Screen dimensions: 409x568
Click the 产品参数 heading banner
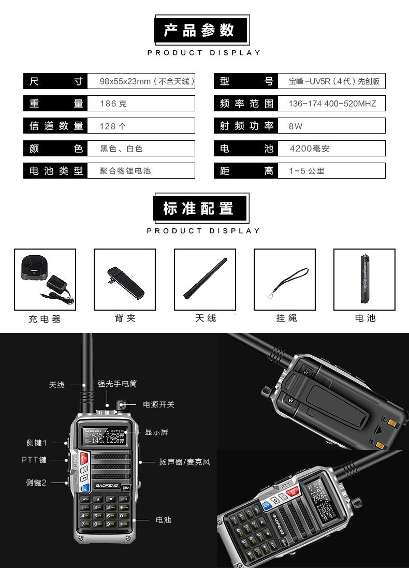202,30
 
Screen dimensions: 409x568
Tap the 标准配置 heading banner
202,208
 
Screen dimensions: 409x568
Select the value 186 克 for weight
113,104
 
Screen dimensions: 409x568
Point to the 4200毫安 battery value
309,149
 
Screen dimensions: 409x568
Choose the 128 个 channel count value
113,126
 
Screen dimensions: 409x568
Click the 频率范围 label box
246,104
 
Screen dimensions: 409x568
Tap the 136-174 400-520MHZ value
332,104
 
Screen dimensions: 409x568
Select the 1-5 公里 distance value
306,171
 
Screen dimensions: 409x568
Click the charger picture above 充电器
45,280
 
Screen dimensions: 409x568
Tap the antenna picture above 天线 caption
205,280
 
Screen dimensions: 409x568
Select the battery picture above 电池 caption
364,280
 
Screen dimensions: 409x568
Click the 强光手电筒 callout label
118,384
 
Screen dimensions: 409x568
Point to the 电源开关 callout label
159,404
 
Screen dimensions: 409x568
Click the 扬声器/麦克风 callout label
185,461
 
